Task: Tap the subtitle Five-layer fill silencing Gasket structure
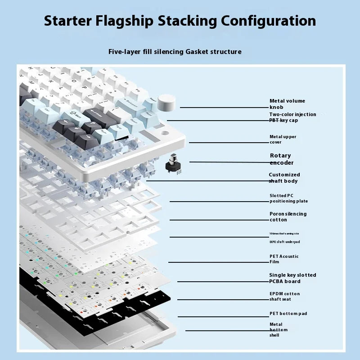175,52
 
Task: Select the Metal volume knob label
287,104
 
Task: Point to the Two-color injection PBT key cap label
292,117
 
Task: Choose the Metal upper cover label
283,139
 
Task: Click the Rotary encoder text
282,159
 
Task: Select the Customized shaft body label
284,178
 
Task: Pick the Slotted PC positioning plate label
288,198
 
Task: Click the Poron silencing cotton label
288,216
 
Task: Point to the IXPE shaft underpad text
284,242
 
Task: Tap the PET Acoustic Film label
283,259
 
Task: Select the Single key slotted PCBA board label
292,278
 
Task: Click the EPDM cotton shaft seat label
284,296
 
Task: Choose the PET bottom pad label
288,313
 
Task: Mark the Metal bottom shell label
278,329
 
